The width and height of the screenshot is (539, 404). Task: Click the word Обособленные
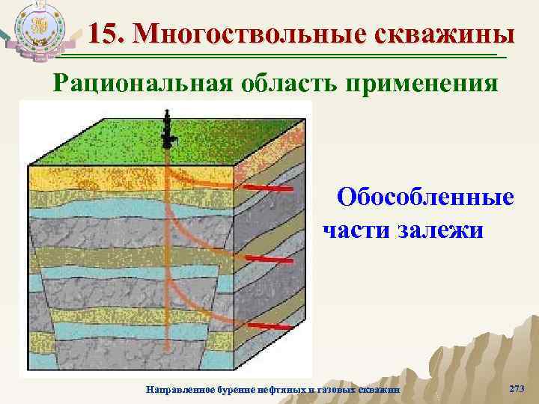coord(424,198)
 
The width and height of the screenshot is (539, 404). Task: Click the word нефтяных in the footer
coord(287,390)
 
